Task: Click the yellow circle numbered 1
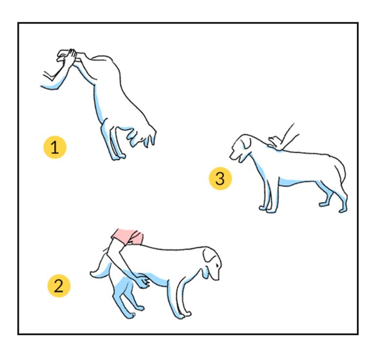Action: click(x=55, y=148)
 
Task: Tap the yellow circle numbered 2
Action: click(x=59, y=286)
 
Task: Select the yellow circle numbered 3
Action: click(x=220, y=179)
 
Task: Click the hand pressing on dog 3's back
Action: click(x=275, y=142)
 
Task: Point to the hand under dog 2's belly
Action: click(x=142, y=282)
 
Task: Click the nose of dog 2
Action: click(x=218, y=278)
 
